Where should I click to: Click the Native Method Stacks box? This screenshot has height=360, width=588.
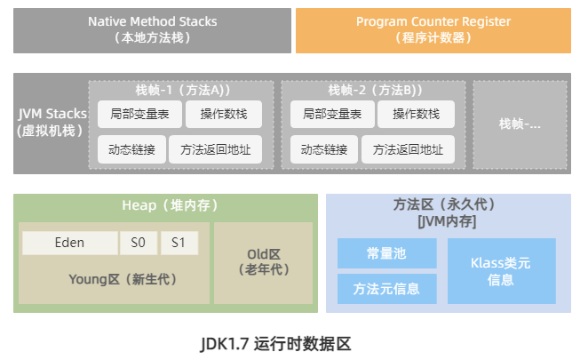(x=153, y=29)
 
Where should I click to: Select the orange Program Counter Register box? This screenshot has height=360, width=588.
(x=433, y=29)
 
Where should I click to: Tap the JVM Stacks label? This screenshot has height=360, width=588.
(x=52, y=122)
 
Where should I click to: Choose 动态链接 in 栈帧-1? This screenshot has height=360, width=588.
(x=126, y=149)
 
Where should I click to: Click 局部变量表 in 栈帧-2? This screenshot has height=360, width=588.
(x=327, y=114)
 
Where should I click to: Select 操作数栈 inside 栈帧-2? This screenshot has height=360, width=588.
(x=416, y=114)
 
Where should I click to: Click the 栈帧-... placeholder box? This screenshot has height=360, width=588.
(x=520, y=124)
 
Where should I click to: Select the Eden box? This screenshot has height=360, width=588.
(x=69, y=243)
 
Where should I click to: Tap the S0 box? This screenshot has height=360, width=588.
(x=139, y=243)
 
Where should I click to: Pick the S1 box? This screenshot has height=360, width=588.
(x=179, y=243)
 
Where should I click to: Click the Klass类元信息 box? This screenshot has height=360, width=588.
(x=499, y=270)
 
